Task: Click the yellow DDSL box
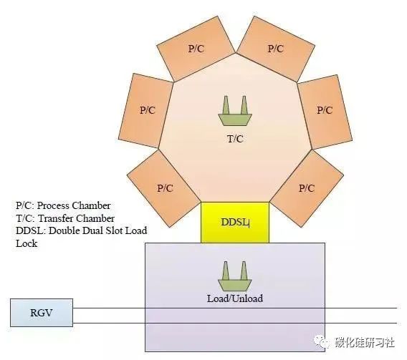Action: (235, 223)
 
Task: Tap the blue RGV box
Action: (42, 313)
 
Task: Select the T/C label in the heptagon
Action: (235, 139)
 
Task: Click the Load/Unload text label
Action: (235, 298)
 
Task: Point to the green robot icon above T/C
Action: (235, 111)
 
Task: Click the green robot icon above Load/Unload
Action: (235, 276)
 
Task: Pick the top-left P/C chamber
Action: (196, 49)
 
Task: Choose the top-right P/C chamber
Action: (276, 49)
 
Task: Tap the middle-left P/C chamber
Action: (146, 111)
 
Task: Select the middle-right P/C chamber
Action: (325, 111)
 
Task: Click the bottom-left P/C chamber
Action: (164, 189)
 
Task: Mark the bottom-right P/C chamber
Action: (307, 189)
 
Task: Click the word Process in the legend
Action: (53, 206)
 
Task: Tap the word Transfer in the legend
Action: (56, 218)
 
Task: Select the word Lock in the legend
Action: (27, 243)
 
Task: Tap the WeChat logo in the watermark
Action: (322, 342)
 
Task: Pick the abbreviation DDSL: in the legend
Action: (31, 230)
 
